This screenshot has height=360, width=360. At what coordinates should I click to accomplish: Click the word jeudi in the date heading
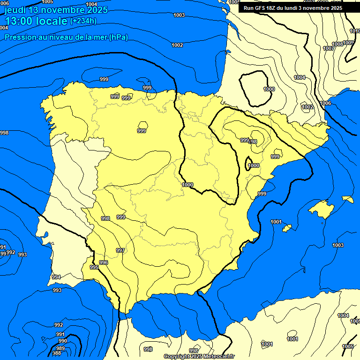15,10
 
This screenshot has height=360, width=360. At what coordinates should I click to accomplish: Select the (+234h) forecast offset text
83,21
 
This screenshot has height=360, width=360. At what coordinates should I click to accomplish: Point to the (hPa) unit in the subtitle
119,37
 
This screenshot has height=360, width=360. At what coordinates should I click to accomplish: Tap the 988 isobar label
57,353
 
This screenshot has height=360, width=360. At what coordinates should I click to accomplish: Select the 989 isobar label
60,348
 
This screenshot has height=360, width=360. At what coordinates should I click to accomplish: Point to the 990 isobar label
62,341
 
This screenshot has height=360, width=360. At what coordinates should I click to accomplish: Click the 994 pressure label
56,277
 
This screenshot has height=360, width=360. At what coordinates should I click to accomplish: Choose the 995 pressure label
94,267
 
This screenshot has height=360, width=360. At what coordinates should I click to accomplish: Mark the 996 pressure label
104,262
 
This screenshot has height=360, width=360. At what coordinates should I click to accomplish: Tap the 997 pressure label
120,250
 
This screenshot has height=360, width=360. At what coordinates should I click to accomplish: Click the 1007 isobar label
328,49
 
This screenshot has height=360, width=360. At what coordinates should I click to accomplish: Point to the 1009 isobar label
348,43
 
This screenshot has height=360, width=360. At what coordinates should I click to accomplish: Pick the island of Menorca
348,199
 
